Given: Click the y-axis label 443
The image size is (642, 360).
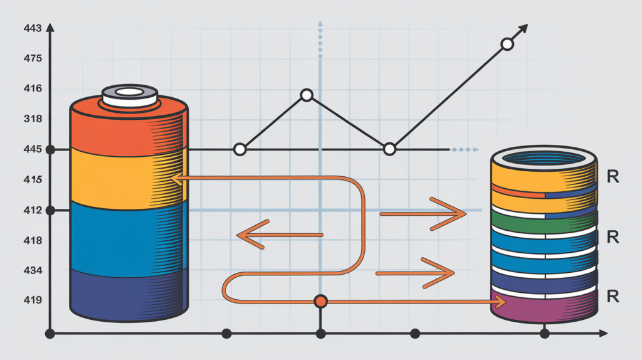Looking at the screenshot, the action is pyautogui.click(x=33, y=28).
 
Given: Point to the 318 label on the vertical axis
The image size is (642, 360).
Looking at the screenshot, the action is pyautogui.click(x=33, y=119).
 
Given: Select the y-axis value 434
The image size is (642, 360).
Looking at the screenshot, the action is pyautogui.click(x=33, y=270).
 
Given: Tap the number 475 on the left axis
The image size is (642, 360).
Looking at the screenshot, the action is pyautogui.click(x=33, y=58).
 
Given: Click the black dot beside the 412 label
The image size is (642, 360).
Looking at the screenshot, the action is pyautogui.click(x=50, y=211).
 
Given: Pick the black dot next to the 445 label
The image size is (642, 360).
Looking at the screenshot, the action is pyautogui.click(x=50, y=150).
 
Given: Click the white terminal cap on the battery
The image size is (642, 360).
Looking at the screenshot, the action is pyautogui.click(x=130, y=96).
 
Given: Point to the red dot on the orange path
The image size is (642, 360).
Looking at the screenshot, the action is pyautogui.click(x=320, y=302).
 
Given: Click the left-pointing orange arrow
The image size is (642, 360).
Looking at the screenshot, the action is pyautogui.click(x=280, y=235).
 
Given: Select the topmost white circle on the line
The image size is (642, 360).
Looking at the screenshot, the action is pyautogui.click(x=507, y=45).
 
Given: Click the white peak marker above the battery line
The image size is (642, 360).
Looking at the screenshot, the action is pyautogui.click(x=307, y=95).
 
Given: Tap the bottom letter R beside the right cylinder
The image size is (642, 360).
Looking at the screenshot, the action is pyautogui.click(x=613, y=295).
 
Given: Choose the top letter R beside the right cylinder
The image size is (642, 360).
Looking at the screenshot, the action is pyautogui.click(x=613, y=176).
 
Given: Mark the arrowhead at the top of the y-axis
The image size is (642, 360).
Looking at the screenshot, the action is pyautogui.click(x=50, y=28).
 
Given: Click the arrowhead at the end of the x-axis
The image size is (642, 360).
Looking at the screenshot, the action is pyautogui.click(x=603, y=334).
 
